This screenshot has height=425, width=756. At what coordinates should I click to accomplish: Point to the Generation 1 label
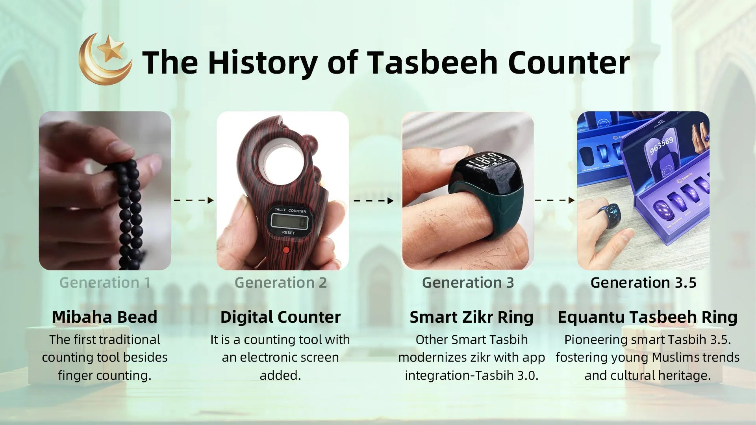tap(105, 283)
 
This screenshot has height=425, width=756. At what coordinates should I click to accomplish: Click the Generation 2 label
tap(281, 283)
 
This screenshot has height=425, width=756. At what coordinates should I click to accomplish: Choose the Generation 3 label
tap(468, 283)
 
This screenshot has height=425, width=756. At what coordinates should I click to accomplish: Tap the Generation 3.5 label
tap(643, 283)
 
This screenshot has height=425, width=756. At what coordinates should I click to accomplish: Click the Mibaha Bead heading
tap(105, 317)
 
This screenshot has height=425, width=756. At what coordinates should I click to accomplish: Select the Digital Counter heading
tap(280, 317)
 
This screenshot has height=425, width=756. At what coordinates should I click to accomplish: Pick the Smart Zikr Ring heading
tap(471, 317)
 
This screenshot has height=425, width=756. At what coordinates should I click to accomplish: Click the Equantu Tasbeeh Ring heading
tap(647, 317)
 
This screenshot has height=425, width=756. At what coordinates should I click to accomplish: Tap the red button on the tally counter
tap(286, 250)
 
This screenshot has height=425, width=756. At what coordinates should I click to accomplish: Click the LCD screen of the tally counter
tap(289, 222)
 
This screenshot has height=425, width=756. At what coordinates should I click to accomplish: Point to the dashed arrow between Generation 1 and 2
tap(194, 200)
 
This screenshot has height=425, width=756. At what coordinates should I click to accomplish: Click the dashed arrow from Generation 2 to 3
tap(374, 201)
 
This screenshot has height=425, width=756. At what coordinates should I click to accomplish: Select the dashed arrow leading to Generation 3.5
tap(554, 200)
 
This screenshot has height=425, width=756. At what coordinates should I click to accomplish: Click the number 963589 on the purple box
tap(661, 146)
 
